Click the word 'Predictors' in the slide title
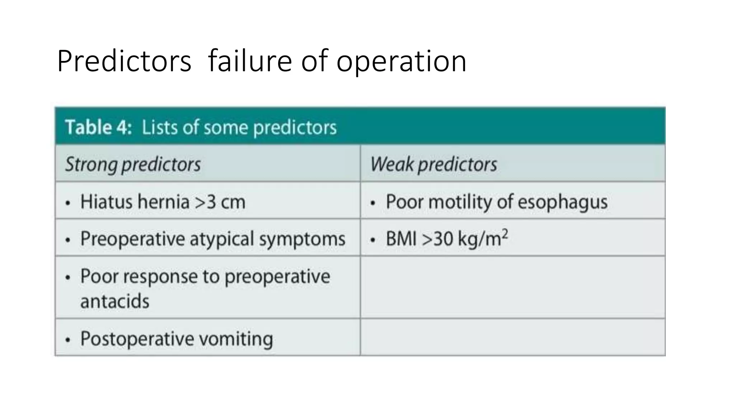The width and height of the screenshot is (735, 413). click(x=124, y=61)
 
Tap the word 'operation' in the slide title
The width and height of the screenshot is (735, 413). click(x=401, y=61)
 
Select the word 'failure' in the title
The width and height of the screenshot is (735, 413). click(x=250, y=61)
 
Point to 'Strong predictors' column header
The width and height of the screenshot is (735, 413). click(x=133, y=165)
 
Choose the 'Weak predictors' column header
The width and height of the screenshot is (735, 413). click(x=434, y=165)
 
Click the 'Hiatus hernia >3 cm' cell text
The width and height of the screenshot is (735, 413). click(x=163, y=201)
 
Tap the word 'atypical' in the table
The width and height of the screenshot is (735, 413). click(x=222, y=239)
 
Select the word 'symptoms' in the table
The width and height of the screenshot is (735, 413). click(x=302, y=239)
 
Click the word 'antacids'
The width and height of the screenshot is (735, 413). click(x=115, y=301)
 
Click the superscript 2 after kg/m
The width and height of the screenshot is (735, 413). click(x=505, y=233)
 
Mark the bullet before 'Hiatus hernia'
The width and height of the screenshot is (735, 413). click(x=68, y=203)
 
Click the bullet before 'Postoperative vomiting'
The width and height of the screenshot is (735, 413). click(x=68, y=340)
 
